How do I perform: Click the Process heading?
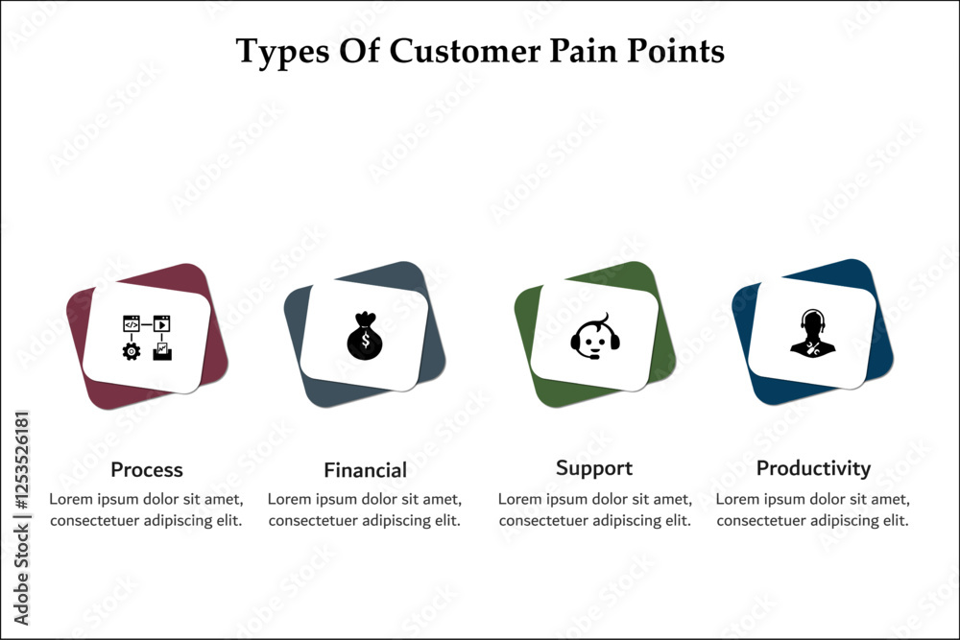tap(147, 469)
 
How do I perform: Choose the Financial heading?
tap(365, 470)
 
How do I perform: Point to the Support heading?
tap(594, 467)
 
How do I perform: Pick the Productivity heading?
tap(813, 467)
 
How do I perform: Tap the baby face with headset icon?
tap(595, 336)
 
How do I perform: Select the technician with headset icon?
tap(812, 334)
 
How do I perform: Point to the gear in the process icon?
tap(132, 351)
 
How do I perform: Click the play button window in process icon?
tap(161, 323)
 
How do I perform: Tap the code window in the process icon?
tap(132, 323)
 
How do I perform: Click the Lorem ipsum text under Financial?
tap(365, 510)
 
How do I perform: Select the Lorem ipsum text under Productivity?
tap(813, 510)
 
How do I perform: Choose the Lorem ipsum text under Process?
tap(146, 510)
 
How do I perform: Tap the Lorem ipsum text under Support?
tap(595, 510)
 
